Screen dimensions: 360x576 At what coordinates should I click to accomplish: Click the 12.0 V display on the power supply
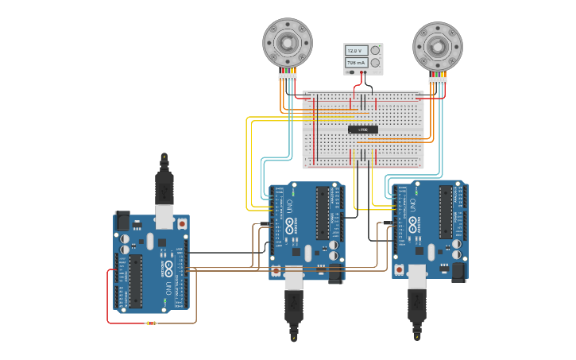pos(357,50)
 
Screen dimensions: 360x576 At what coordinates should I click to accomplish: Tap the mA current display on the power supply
pos(357,62)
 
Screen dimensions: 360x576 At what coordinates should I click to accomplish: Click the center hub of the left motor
pos(288,42)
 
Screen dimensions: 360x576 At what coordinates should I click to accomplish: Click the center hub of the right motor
pos(438,46)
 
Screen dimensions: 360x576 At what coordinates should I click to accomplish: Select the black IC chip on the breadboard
pos(363,129)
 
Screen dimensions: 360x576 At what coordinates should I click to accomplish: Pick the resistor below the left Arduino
pos(151,323)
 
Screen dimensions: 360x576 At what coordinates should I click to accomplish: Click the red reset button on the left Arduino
pos(183,225)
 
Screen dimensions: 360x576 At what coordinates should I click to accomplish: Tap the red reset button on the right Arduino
pos(400,269)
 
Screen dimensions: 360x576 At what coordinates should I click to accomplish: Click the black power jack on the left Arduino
pos(122,219)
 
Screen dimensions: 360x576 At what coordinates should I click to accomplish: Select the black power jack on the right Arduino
pos(458,272)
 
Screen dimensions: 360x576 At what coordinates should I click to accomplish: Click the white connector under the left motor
pos(288,76)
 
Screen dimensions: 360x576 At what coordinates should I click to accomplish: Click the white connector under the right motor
pos(438,80)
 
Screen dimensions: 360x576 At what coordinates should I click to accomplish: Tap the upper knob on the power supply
pos(375,50)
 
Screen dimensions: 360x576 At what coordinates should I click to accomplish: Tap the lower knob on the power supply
pos(375,62)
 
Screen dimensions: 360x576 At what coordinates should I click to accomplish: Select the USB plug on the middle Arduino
pos(294,302)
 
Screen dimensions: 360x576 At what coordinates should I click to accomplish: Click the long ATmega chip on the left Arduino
pos(136,281)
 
